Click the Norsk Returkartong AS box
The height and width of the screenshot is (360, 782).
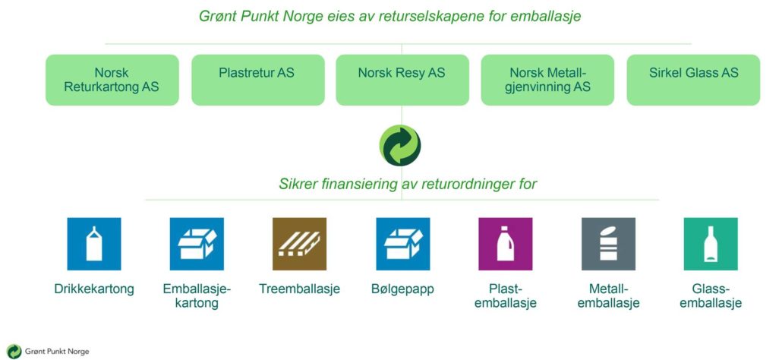pos(112,80)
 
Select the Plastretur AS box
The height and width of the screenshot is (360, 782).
pos(258,80)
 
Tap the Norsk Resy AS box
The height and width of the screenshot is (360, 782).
pos(402,80)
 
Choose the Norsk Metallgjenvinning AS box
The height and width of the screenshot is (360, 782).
pos(547,80)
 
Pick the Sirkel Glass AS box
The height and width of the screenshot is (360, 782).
pos(693,80)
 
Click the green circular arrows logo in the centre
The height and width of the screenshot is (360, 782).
pos(400,146)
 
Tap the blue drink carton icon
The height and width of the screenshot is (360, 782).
pos(94,244)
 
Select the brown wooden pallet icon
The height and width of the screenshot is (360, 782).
pos(300,244)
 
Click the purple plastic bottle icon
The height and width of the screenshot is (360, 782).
pos(505,244)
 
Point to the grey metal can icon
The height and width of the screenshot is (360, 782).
pos(608,244)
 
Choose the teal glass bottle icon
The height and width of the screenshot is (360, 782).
pos(711,244)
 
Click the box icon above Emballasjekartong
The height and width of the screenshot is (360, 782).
pos(197,244)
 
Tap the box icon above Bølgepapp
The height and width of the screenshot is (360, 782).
pos(403,244)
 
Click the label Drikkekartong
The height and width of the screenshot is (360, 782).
pos(94,289)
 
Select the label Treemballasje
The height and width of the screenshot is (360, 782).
pos(300,289)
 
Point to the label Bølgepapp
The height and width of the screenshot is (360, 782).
pos(403,289)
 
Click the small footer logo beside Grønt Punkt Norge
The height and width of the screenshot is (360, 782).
pos(14,352)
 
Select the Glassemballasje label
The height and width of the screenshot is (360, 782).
pos(711,295)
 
